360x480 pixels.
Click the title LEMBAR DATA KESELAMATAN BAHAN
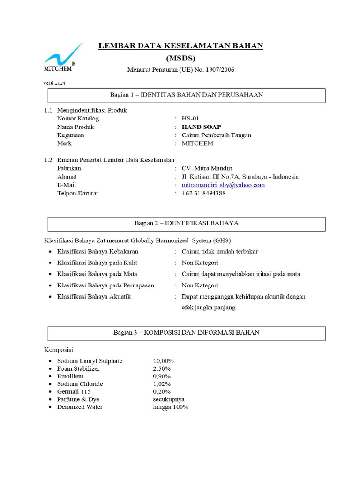180,46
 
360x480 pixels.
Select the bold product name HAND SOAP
202,127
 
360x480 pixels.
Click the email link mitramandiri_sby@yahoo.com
223,185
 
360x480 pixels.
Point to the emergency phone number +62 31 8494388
203,193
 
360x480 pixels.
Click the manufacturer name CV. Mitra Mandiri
207,168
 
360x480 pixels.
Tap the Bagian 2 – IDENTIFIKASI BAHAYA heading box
187,224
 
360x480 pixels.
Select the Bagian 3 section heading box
187,333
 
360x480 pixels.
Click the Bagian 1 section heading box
187,95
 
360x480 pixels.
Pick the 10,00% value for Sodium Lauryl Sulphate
163,361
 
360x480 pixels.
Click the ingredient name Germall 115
74,391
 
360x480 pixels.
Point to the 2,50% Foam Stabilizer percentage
162,369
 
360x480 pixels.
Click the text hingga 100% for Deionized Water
171,407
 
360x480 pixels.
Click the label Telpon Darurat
77,193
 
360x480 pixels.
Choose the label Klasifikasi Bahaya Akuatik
94,297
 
